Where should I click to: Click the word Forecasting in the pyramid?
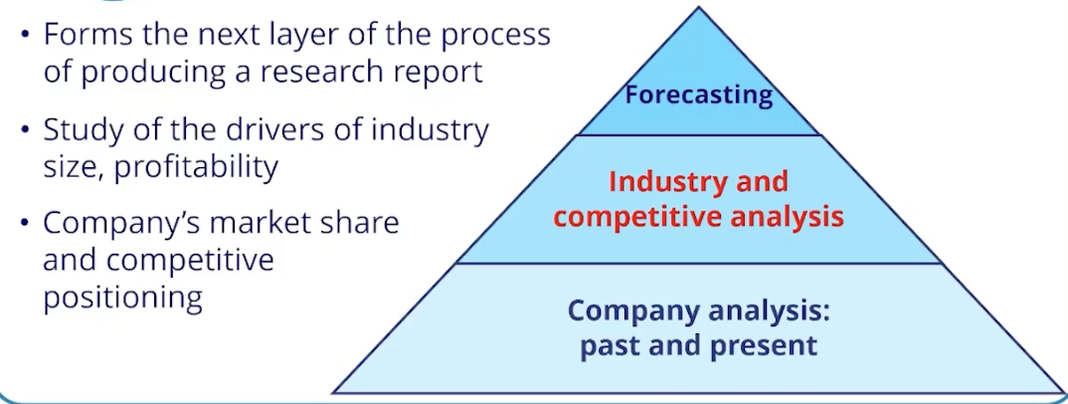[698, 95]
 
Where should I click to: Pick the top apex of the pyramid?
[698, 10]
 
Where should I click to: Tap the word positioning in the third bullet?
[123, 297]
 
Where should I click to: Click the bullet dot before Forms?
[24, 37]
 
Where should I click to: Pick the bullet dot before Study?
[24, 131]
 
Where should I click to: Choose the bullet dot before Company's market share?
[24, 224]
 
